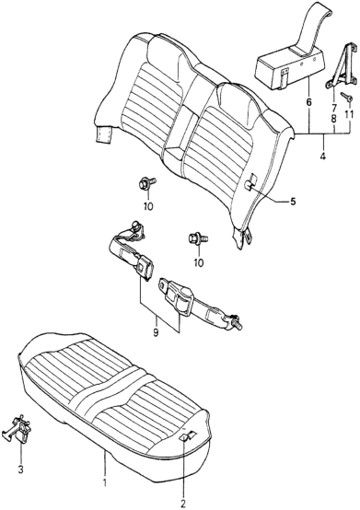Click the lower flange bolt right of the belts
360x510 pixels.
pyautogui.click(x=195, y=239)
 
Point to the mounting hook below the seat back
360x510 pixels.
pyautogui.click(x=246, y=238)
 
